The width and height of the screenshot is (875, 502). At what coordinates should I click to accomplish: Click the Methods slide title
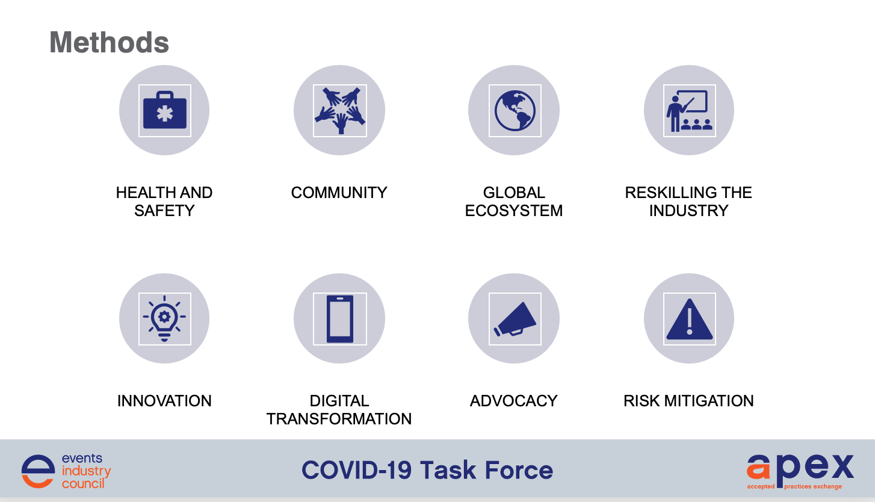coord(109,42)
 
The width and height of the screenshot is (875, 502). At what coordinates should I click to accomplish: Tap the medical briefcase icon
coord(164,110)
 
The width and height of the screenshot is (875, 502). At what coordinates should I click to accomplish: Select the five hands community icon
coord(339,111)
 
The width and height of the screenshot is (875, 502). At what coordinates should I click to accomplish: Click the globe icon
coord(515,111)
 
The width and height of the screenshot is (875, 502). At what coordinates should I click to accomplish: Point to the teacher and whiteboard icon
coord(689,111)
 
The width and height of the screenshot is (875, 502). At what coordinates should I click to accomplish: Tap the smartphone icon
coord(340,319)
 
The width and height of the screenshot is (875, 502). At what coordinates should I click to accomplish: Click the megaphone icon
coord(515,319)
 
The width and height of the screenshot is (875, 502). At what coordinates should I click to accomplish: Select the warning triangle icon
coord(690,319)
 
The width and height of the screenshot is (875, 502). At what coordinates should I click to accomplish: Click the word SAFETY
coord(164,211)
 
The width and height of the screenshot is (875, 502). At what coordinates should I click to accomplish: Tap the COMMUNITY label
coord(339,193)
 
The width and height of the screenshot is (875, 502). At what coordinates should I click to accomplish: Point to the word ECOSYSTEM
coord(514,211)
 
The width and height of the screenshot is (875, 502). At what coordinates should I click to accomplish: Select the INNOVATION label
coord(164,401)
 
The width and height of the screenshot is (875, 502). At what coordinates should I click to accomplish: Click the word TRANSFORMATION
coord(339,419)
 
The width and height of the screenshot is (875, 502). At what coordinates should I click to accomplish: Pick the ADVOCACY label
coord(514,401)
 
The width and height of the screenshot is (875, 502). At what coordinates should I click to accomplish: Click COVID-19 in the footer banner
coord(356,470)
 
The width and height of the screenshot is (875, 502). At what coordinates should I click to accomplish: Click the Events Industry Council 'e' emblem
coord(39,471)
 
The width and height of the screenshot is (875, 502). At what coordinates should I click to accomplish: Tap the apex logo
coord(800,471)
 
